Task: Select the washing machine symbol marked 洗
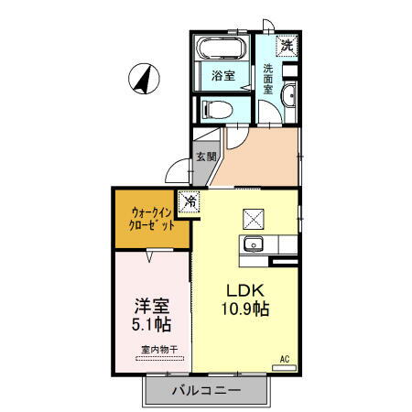coord(287,45)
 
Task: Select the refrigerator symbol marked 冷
coord(190,201)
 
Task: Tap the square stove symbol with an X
coord(253,219)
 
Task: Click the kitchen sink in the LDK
coord(253,244)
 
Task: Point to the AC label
coord(284,358)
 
